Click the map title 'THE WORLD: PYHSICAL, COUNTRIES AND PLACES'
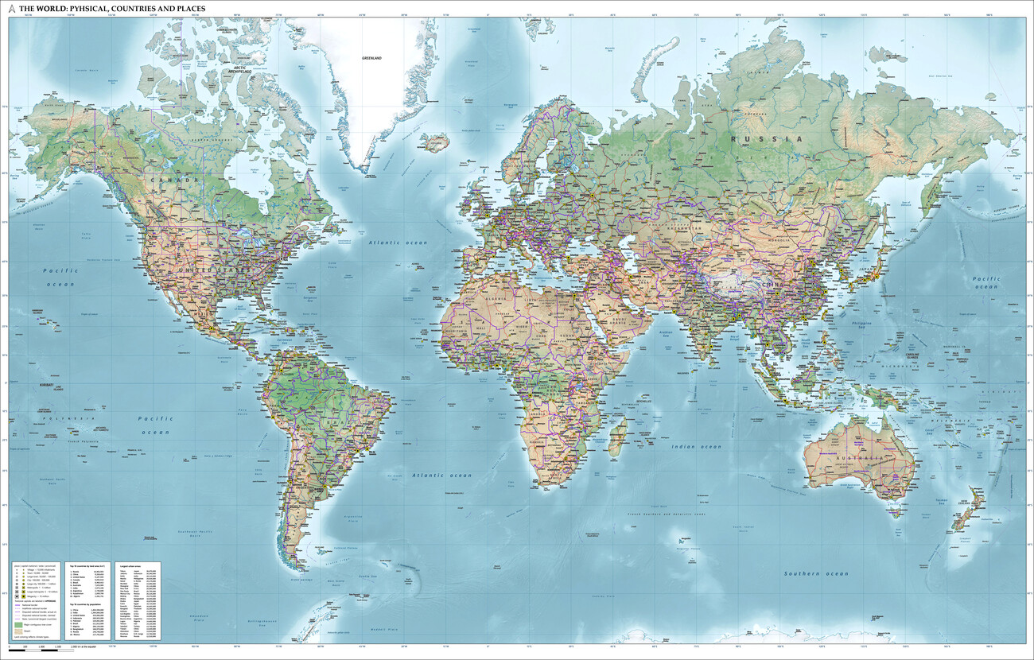(112, 9)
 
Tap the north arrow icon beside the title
(11, 9)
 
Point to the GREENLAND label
(372, 58)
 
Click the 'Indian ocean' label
(696, 447)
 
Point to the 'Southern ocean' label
(816, 573)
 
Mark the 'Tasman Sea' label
(942, 500)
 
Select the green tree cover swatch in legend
(18, 626)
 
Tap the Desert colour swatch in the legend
(18, 634)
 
